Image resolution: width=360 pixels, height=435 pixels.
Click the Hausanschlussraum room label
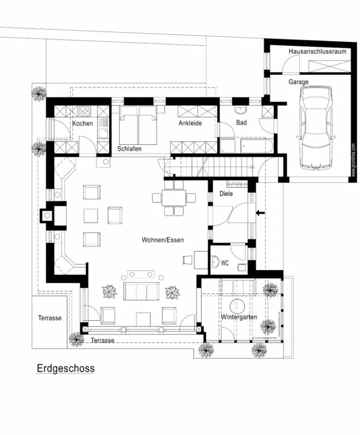317,52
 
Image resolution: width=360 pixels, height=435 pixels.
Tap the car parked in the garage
316,128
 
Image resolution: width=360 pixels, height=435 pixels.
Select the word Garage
298,82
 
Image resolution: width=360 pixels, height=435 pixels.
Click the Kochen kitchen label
82,123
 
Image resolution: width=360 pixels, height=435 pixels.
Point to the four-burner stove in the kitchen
85,111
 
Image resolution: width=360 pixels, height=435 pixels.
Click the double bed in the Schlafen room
138,125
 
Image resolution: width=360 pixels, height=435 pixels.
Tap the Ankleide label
190,123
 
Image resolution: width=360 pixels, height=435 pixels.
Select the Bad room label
241,122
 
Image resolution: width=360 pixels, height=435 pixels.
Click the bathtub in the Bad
257,146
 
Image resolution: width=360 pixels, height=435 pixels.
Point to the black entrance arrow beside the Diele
260,213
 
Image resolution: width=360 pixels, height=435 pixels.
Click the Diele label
226,194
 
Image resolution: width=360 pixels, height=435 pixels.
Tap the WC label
225,263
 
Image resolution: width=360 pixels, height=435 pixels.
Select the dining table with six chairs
174,198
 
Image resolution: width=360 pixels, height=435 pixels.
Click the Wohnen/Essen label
163,240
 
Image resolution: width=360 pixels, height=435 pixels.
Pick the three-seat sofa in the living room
142,291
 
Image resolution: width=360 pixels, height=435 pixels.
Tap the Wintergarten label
239,317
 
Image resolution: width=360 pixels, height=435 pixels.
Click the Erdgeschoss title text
66,369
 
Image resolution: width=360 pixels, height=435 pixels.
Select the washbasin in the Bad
240,110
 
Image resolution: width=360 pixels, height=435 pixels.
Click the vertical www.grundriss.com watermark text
353,160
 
